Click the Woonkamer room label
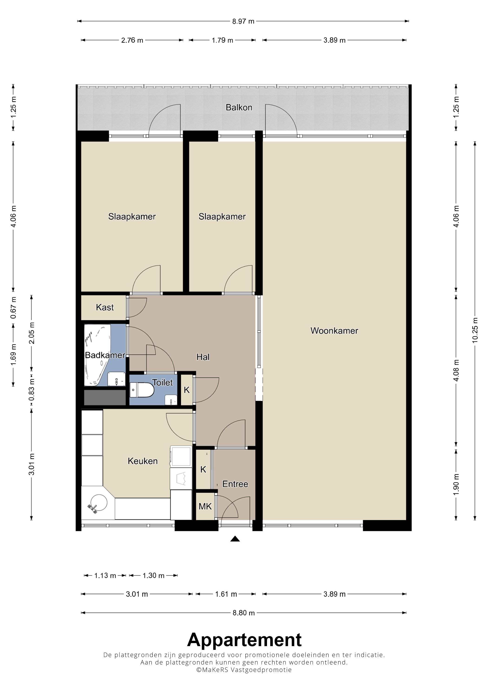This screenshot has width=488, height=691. [334, 331]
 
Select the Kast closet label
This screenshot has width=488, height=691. [105, 307]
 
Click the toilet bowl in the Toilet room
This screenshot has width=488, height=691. [142, 390]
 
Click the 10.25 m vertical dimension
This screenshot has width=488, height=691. [475, 330]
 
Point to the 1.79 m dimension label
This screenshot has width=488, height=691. [222, 40]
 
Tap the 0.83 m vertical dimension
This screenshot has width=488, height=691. [31, 390]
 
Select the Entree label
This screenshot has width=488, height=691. [235, 484]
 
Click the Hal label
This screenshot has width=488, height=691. [203, 357]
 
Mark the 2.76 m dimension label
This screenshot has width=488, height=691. [132, 40]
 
